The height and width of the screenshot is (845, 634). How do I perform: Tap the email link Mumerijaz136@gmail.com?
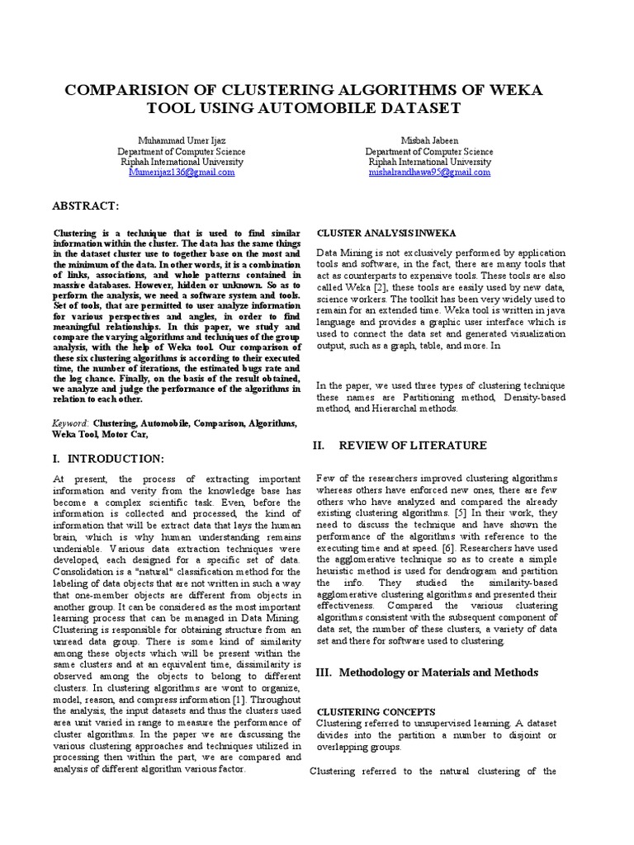point(182,172)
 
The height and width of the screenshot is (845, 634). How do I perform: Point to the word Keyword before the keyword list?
point(71,422)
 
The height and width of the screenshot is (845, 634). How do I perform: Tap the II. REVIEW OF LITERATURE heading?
point(399,446)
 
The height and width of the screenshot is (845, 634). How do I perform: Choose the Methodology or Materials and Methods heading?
point(427,673)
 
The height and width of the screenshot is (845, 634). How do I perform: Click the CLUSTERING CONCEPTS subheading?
point(366,710)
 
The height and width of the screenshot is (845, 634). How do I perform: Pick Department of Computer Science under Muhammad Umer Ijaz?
point(182,152)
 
